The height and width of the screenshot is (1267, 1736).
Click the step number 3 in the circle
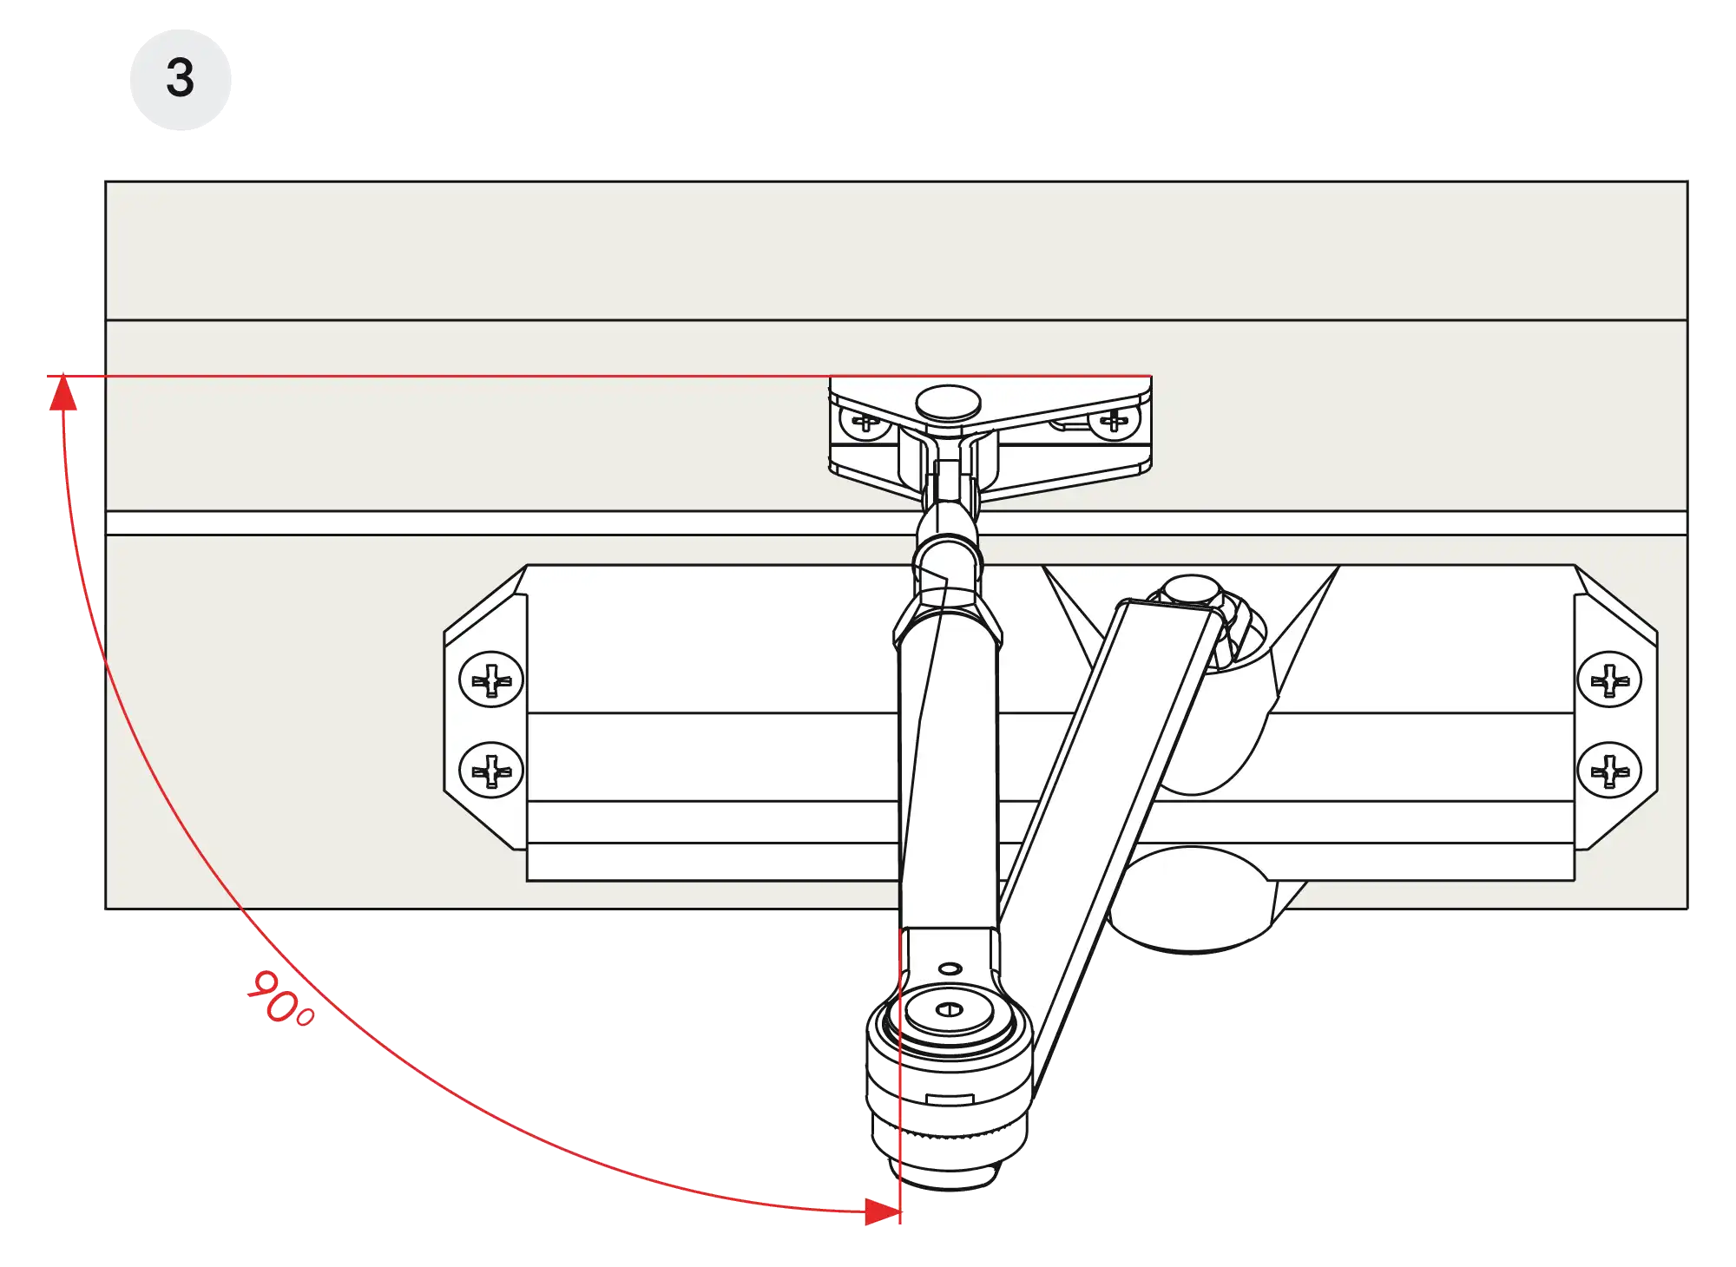tap(180, 78)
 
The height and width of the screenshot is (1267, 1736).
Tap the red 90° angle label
tap(280, 999)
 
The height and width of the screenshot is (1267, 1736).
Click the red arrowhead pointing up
tap(63, 391)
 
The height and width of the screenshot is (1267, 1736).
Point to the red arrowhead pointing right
tap(884, 1211)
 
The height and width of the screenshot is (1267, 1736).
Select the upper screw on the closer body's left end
tap(491, 679)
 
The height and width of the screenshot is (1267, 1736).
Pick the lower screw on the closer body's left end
tap(491, 770)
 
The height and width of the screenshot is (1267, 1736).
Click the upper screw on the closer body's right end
tap(1609, 679)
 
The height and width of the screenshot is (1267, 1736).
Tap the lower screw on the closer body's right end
tap(1609, 770)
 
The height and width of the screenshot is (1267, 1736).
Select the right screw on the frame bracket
tap(1114, 423)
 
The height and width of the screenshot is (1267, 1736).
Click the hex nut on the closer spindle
tap(1192, 591)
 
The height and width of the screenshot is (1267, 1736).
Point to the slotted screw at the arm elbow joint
tap(950, 1009)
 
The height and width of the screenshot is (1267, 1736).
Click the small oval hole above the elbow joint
tap(950, 968)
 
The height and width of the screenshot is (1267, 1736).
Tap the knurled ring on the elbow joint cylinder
tap(950, 1132)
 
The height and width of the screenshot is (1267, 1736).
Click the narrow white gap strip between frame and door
tap(897, 522)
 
